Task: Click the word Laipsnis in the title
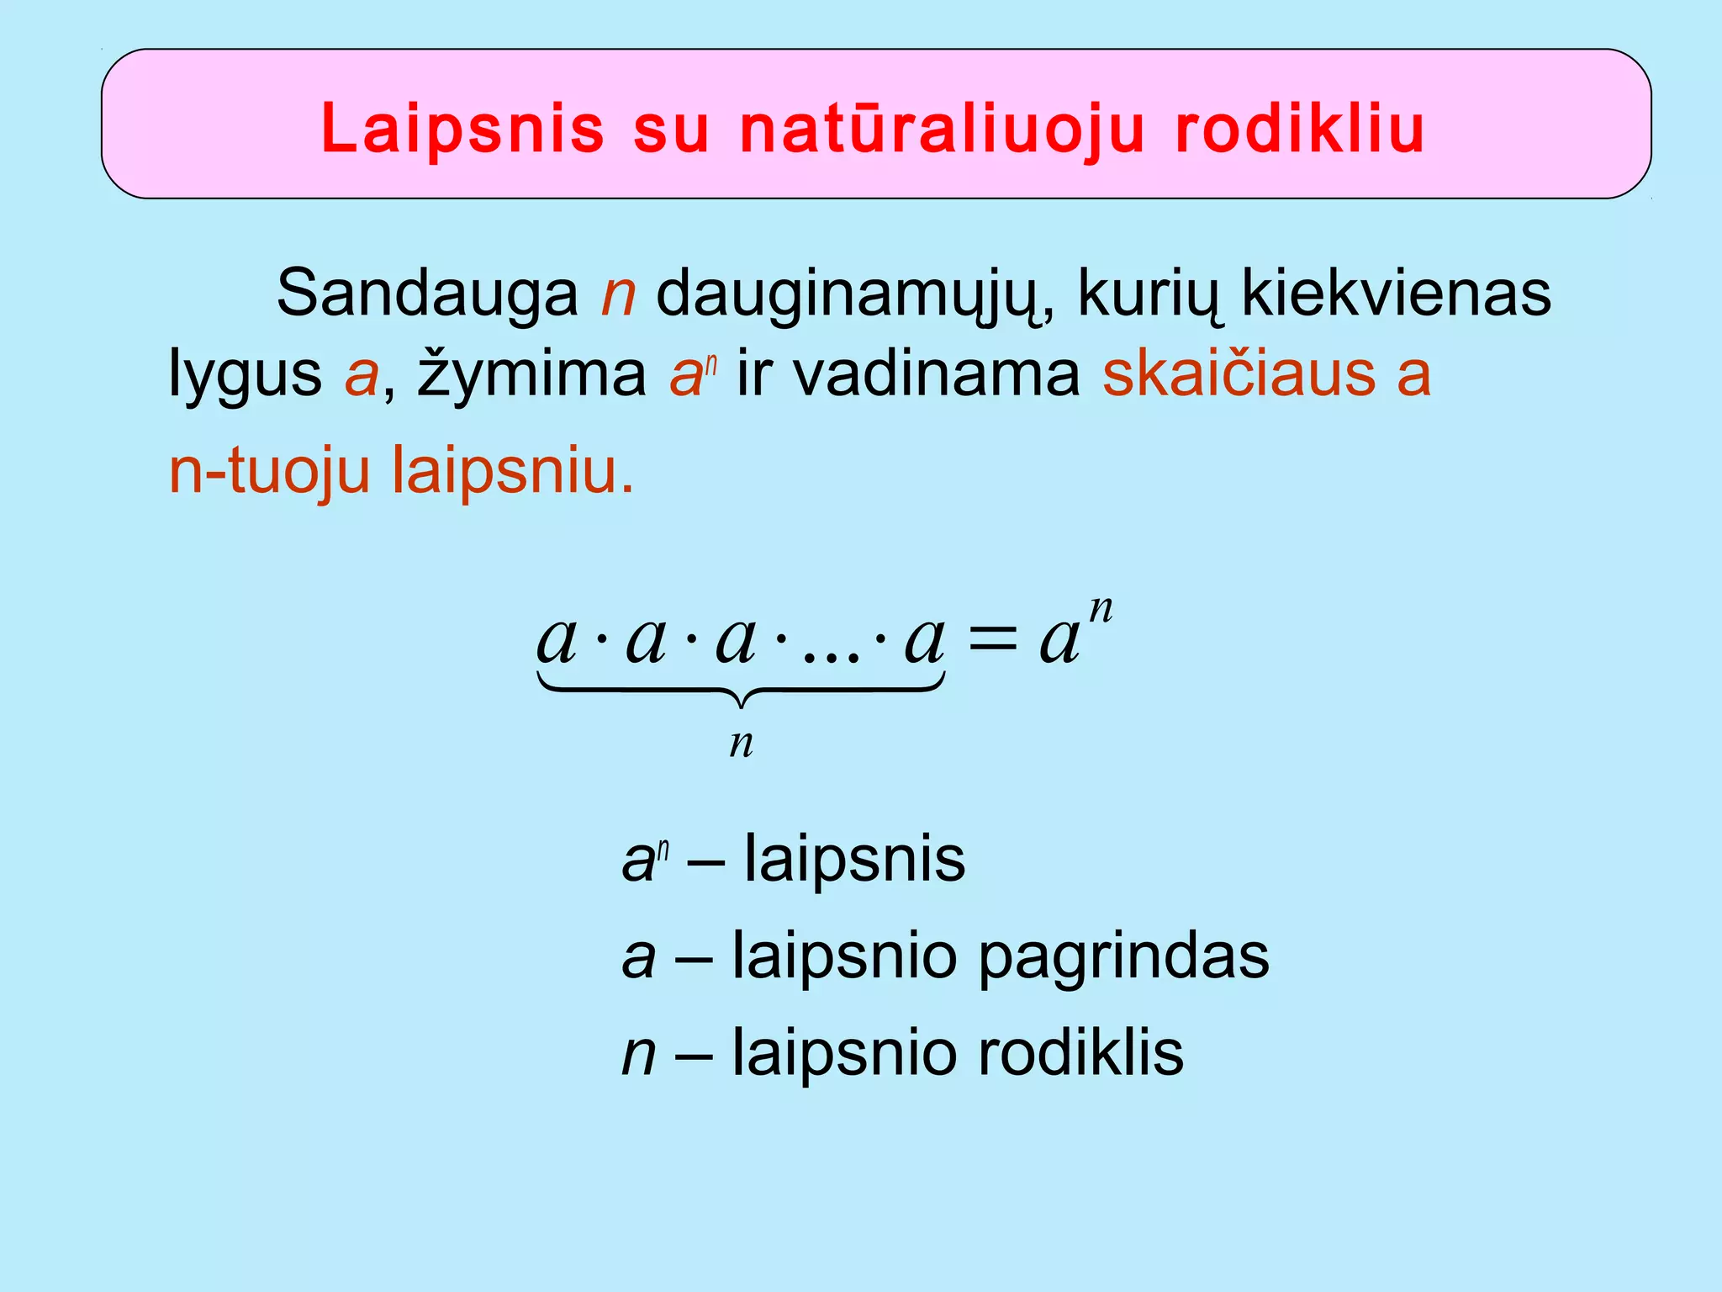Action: coord(462,129)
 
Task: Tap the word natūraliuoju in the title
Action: coord(943,129)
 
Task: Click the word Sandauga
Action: coord(427,293)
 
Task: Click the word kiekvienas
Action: coord(1396,293)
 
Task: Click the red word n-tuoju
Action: coord(269,471)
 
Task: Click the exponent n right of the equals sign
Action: coord(1101,607)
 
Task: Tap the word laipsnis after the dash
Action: coord(854,860)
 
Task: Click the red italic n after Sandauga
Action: coord(618,294)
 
